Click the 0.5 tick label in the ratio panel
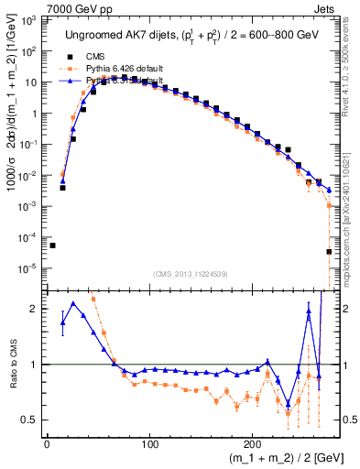point(31,420)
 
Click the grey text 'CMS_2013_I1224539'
point(190,272)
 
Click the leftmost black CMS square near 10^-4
point(52,245)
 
